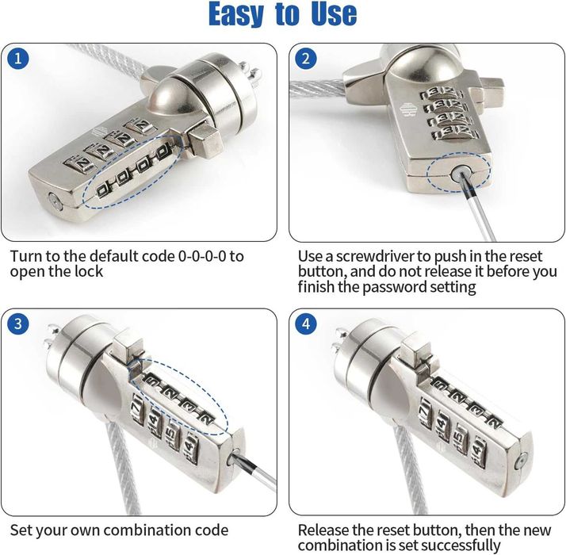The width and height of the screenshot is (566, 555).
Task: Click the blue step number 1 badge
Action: pyautogui.click(x=18, y=59)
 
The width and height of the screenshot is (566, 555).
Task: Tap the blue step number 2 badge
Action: pyautogui.click(x=306, y=59)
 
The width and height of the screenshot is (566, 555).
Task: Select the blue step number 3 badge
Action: pyautogui.click(x=18, y=323)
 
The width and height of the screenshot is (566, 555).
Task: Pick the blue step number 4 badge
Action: pyautogui.click(x=306, y=323)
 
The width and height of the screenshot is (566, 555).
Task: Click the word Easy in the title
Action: pyautogui.click(x=236, y=13)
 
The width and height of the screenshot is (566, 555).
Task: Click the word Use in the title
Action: pyautogui.click(x=334, y=13)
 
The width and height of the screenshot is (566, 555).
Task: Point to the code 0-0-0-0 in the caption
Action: pyautogui.click(x=202, y=256)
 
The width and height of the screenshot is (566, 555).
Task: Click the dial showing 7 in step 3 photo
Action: pyautogui.click(x=137, y=407)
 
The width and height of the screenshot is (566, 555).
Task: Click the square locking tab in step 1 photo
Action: pyautogui.click(x=202, y=143)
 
